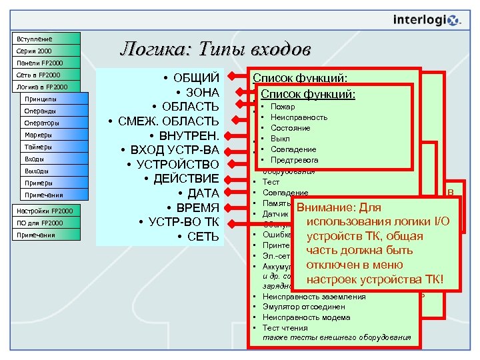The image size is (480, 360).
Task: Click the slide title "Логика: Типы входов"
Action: point(215,49)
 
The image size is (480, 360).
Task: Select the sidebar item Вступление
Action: point(46,39)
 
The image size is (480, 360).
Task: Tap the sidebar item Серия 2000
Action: point(46,51)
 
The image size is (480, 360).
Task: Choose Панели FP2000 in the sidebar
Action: point(46,63)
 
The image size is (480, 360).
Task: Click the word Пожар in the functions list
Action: point(283,107)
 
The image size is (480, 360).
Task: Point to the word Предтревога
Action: point(294,160)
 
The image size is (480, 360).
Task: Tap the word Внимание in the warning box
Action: point(327,207)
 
